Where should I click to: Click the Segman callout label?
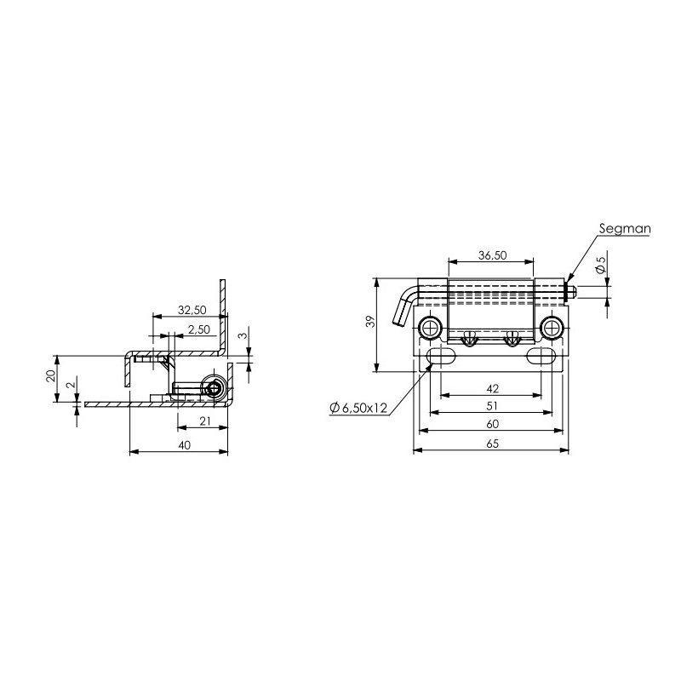[625, 229]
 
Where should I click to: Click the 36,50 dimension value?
[493, 255]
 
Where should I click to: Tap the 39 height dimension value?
[370, 322]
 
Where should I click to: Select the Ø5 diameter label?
[601, 265]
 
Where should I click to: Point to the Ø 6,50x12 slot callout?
[358, 408]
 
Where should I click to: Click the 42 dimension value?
[493, 388]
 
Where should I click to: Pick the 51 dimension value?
[492, 406]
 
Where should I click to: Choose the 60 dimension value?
[493, 423]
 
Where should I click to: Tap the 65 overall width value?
[493, 444]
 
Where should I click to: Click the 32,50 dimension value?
[192, 310]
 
